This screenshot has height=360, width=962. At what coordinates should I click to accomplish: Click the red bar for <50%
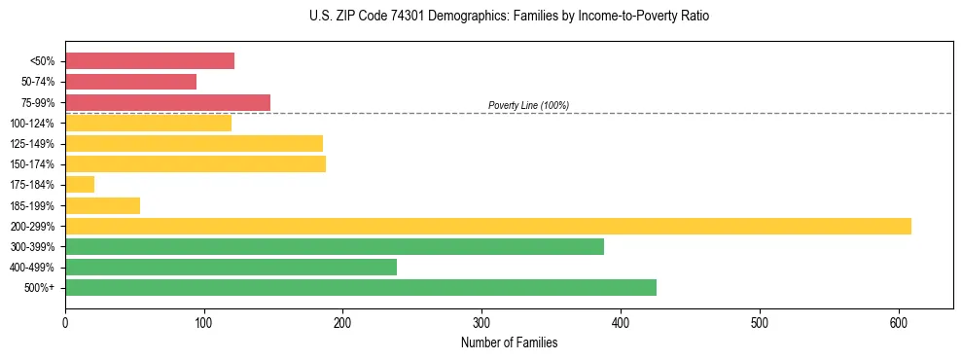tap(150, 61)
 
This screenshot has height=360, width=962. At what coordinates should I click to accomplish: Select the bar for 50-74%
tap(130, 82)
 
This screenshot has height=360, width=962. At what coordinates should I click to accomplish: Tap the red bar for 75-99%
tap(167, 102)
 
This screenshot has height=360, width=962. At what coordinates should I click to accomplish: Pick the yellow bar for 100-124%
tap(148, 123)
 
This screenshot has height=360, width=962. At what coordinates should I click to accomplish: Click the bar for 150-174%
tap(196, 163)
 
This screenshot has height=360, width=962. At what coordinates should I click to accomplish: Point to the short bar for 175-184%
tap(80, 184)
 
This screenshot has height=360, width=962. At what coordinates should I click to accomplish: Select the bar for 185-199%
tap(102, 205)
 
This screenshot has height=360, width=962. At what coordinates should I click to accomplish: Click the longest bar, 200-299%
tap(488, 226)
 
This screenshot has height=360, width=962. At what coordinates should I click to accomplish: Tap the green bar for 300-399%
tap(335, 246)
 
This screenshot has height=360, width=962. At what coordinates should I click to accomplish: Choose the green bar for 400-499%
tap(231, 267)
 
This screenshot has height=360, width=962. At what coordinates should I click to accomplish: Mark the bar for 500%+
tap(361, 287)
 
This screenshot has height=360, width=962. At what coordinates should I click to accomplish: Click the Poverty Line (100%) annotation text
tap(528, 105)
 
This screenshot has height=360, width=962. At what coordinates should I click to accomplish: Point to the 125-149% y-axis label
tap(32, 144)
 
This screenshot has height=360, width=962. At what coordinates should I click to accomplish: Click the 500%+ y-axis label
tap(40, 288)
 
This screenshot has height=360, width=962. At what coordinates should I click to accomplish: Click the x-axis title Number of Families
tap(509, 342)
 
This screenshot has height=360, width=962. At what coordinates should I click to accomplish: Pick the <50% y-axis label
tap(42, 62)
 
